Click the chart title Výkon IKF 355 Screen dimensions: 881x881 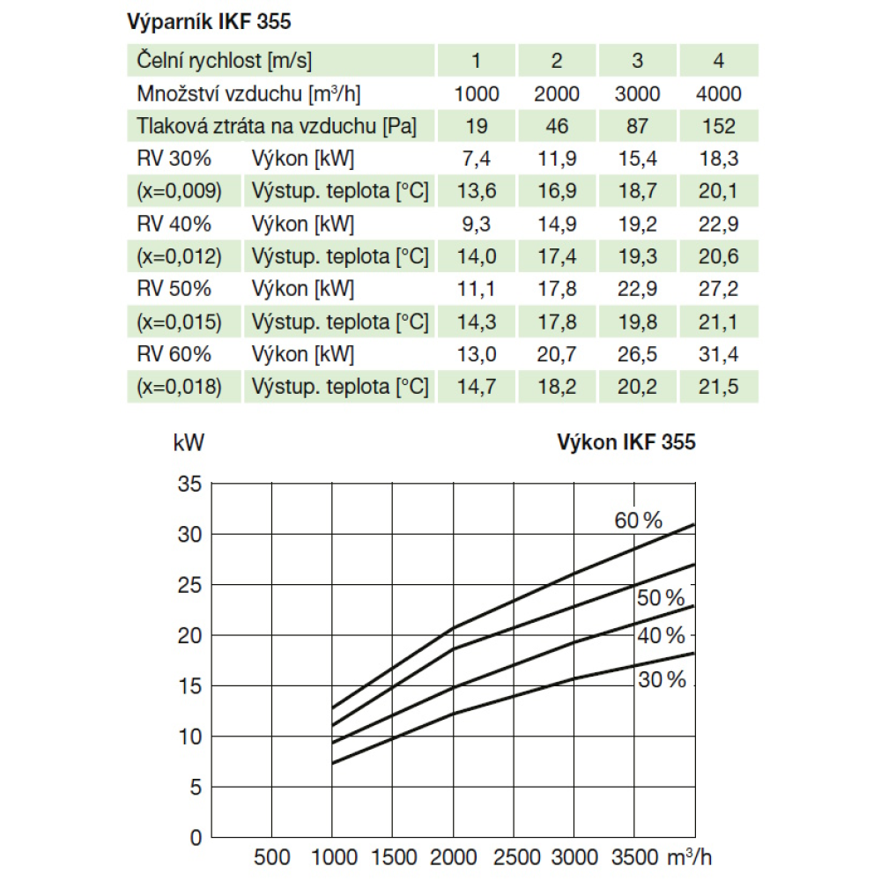[x=626, y=442]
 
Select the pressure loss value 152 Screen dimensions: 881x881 [x=719, y=126]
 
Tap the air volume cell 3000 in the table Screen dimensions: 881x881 [x=638, y=93]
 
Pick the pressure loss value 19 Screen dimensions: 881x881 [x=477, y=126]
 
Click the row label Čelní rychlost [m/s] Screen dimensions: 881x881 [x=225, y=61]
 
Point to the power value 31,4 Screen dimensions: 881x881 [x=719, y=354]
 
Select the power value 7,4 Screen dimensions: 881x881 [x=477, y=159]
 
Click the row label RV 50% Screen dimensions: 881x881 [x=174, y=289]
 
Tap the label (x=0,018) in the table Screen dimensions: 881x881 [x=180, y=387]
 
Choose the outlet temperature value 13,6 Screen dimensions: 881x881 [x=477, y=191]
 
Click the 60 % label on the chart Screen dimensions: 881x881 [x=638, y=521]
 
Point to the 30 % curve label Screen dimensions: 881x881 [x=662, y=679]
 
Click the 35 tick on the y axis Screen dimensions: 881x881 [x=190, y=484]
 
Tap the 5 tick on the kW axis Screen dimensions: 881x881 [x=196, y=786]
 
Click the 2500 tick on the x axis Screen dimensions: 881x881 [x=513, y=858]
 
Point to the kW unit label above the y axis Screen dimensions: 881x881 [x=189, y=443]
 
